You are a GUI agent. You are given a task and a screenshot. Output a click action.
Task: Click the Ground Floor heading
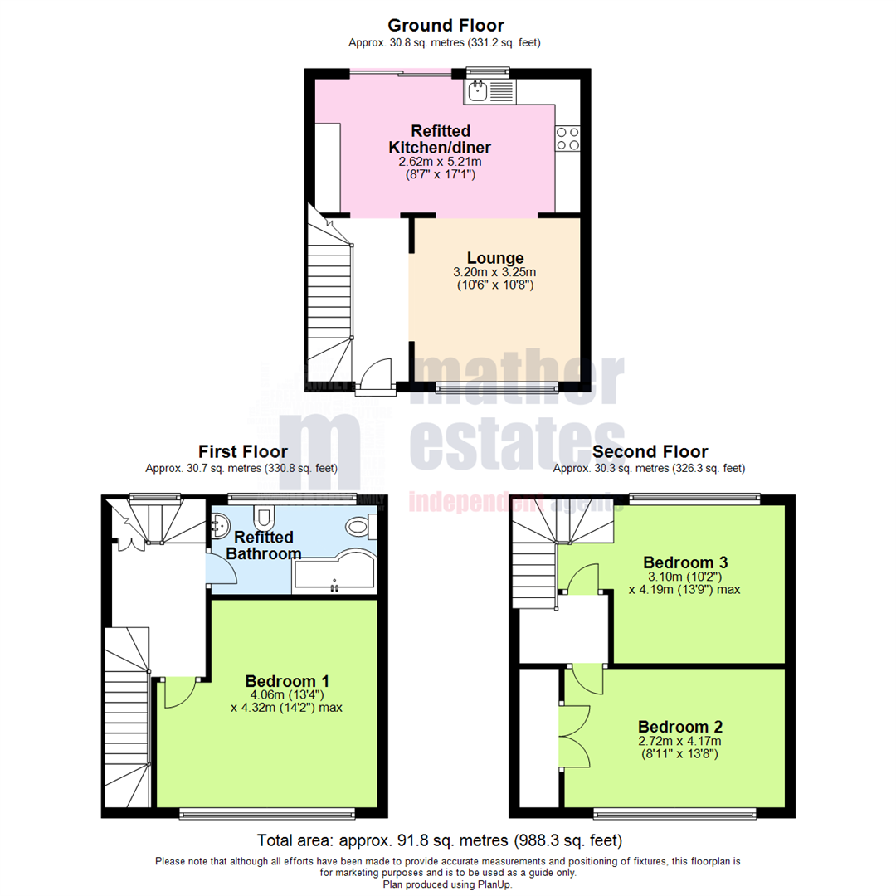pyautogui.click(x=446, y=26)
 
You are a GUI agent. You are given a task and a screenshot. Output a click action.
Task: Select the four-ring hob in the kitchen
pyautogui.click(x=568, y=139)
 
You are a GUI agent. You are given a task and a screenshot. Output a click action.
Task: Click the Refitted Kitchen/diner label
pyautogui.click(x=440, y=139)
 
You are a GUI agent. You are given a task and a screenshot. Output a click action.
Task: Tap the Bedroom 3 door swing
pyautogui.click(x=585, y=578)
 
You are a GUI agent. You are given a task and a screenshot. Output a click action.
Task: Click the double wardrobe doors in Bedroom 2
pyautogui.click(x=576, y=735)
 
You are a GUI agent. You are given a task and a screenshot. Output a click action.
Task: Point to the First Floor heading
pyautogui.click(x=242, y=451)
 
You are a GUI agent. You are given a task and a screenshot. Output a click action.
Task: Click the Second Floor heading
pyautogui.click(x=650, y=451)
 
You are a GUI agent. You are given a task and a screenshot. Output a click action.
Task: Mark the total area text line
pyautogui.click(x=440, y=840)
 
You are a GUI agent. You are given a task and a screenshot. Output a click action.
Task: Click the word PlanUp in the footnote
pyautogui.click(x=495, y=884)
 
